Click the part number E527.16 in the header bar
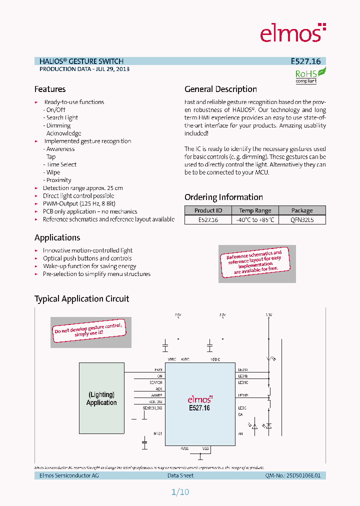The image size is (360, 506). pos(305,61)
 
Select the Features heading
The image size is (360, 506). pos(50,89)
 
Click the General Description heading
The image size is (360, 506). pos(220,89)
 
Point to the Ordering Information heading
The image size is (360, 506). pos(223,197)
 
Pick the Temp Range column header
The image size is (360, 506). pos(255,210)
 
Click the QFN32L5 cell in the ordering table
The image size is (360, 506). pos(302,219)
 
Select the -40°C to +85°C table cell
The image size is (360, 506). pos(255,219)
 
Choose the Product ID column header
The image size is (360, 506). pos(208,210)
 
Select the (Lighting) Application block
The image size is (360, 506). pos(101,398)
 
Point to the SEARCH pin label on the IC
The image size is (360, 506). pos(155,382)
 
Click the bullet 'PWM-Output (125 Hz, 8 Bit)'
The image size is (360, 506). pos(79,203)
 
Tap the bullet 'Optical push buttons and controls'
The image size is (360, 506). pos(87,258)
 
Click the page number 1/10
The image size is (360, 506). pos(180,492)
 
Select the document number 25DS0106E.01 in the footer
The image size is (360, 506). pos(306,475)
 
